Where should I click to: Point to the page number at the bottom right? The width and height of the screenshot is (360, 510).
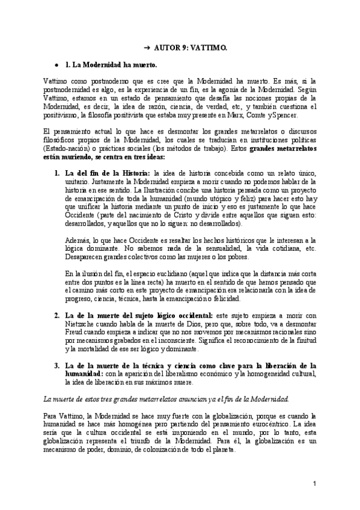pos(314,484)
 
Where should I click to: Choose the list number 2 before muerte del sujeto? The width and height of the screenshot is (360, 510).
pos(56,315)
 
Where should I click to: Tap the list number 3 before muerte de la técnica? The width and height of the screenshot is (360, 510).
pos(56,365)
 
